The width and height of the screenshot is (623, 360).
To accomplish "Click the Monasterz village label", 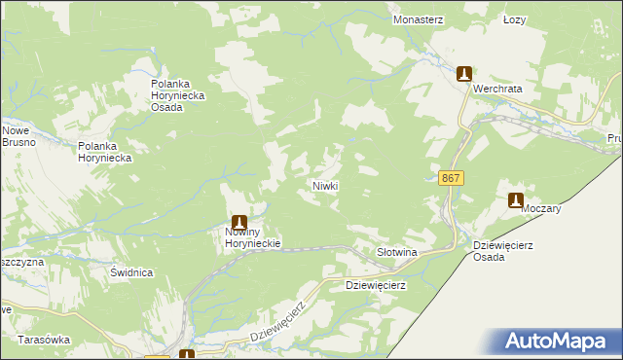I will coord(418,18).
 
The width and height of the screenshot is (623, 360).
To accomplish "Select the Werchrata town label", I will coord(497,89).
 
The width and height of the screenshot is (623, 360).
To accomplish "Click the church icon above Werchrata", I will coord(465,73).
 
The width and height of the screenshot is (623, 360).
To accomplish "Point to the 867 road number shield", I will coord(450,178).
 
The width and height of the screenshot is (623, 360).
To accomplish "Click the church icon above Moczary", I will coord(516,200).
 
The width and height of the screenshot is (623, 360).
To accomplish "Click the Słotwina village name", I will coord(396,252).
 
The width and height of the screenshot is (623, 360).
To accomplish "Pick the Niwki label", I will coord(324,185).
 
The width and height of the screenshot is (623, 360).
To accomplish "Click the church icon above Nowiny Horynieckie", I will coord(238,223).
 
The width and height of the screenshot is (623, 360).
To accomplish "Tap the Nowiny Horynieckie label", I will coord(247,238).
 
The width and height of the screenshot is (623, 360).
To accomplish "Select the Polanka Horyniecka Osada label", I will coord(181,94).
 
